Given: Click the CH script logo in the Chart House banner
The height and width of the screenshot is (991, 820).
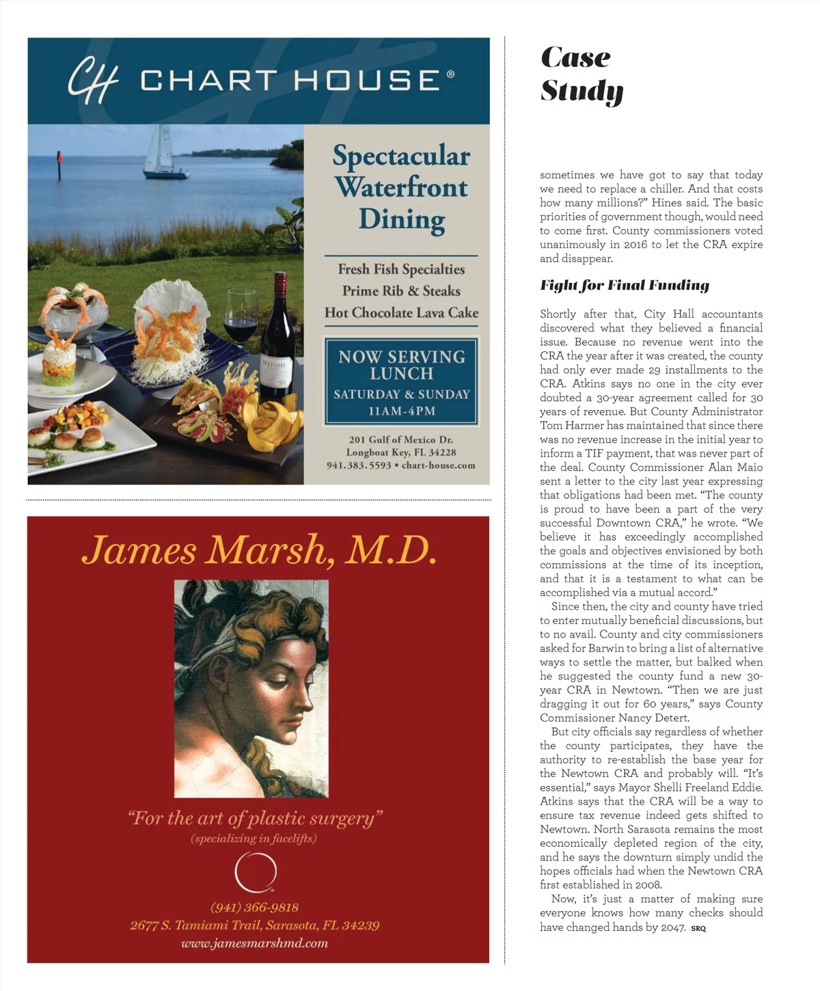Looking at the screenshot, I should pyautogui.click(x=92, y=81).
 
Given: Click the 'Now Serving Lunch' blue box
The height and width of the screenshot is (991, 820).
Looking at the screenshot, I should pyautogui.click(x=401, y=381).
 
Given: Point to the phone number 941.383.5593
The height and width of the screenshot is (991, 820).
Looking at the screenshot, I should pyautogui.click(x=359, y=465).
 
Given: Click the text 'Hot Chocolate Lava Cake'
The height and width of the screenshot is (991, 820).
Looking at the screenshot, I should pyautogui.click(x=401, y=312).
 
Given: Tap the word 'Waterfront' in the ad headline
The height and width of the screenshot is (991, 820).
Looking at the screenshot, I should pyautogui.click(x=401, y=187).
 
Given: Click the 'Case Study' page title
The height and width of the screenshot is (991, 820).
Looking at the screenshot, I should pyautogui.click(x=581, y=74).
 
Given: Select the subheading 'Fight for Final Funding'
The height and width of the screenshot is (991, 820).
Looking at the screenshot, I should pyautogui.click(x=625, y=285).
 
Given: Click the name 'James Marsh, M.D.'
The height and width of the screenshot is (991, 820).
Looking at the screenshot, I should pyautogui.click(x=258, y=550).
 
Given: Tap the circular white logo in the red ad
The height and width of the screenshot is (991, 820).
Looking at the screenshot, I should pyautogui.click(x=255, y=873).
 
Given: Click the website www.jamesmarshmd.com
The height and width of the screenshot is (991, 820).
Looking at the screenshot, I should pyautogui.click(x=254, y=943).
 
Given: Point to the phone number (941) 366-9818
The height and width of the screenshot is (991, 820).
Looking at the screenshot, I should pyautogui.click(x=254, y=907).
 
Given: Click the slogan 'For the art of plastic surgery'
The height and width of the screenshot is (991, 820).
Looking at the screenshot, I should pyautogui.click(x=254, y=817).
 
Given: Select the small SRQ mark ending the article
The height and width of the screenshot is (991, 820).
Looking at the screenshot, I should pyautogui.click(x=698, y=928).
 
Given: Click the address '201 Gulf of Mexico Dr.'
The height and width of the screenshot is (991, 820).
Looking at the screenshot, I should pyautogui.click(x=401, y=439).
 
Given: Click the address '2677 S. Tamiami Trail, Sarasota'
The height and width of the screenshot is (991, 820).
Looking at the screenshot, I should pyautogui.click(x=254, y=925).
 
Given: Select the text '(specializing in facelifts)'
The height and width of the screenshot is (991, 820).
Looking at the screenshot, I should pyautogui.click(x=254, y=839).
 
